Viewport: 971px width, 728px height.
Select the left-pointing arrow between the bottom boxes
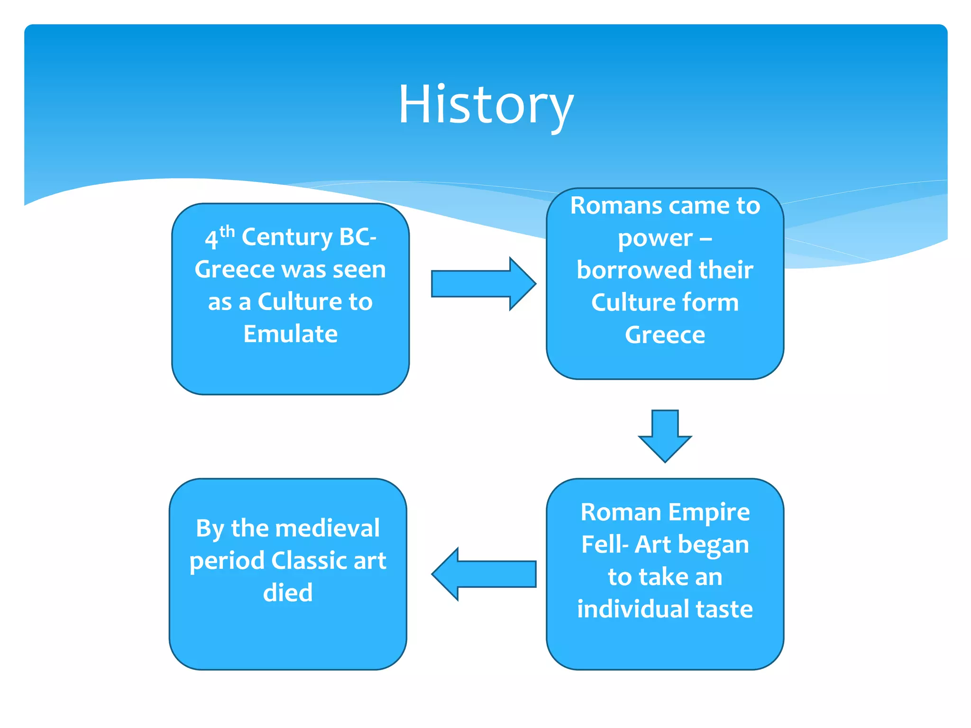pos(484,574)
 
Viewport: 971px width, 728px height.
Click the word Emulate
pos(290,334)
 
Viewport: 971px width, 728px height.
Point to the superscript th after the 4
pos(227,231)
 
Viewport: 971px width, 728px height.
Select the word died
pos(288,592)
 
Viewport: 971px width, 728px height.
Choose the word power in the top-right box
pos(655,238)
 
